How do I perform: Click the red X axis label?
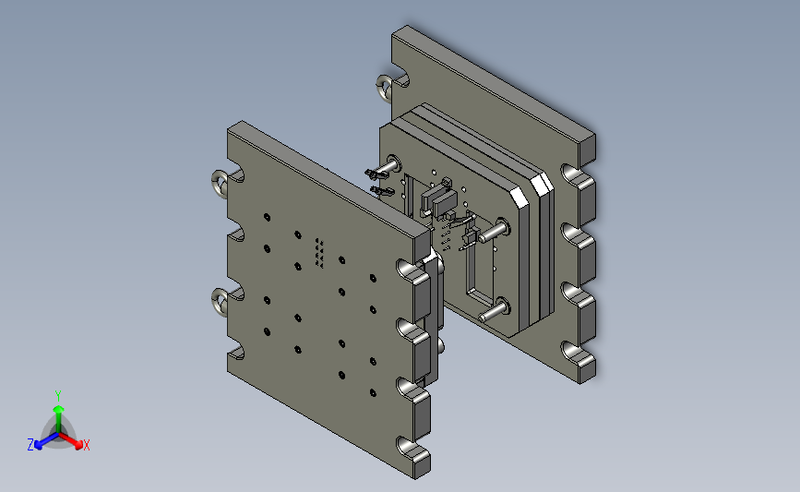click(x=86, y=445)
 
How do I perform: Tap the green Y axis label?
click(x=58, y=396)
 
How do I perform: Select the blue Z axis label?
click(x=30, y=445)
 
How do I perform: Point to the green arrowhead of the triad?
click(x=59, y=409)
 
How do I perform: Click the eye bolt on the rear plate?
click(x=384, y=88)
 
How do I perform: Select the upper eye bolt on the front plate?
click(x=220, y=183)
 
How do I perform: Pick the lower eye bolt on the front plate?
click(x=220, y=301)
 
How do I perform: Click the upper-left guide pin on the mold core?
click(x=387, y=168)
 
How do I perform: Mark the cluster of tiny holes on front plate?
click(x=319, y=253)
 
